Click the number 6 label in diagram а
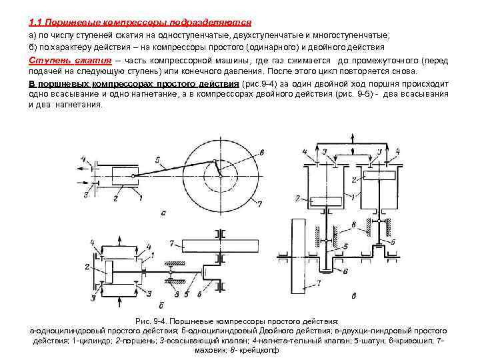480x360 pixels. tap(261, 153)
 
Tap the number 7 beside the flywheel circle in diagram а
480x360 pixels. tap(260, 203)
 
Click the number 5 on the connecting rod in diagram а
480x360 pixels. tap(157, 160)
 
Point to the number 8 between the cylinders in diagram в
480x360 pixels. tap(353, 225)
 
